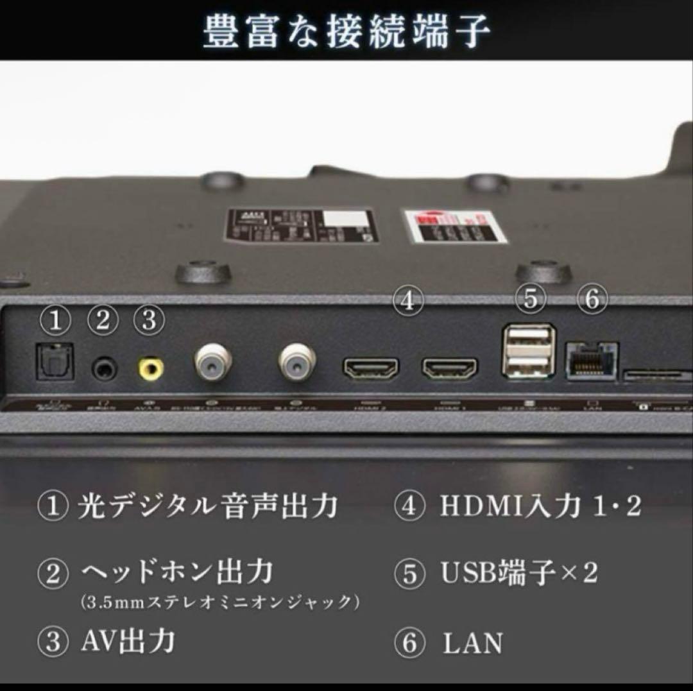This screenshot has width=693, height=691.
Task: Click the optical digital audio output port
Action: coord(55,362)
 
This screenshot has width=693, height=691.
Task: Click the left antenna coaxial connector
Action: coord(212,363)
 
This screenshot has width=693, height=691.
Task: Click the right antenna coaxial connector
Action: coord(296,363)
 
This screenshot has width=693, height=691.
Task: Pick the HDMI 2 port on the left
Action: coord(371,369)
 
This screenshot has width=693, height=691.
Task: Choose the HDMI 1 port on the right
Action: coord(449,369)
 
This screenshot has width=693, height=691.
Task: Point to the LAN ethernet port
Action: coord(591,361)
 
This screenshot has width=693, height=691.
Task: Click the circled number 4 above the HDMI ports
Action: coord(409,300)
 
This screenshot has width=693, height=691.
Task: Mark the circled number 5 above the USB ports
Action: coord(530,299)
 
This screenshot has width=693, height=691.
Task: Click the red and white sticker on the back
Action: coord(454,226)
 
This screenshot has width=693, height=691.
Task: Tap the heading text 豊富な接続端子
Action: coord(347,30)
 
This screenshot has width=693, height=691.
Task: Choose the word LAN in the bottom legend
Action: coord(472,644)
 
